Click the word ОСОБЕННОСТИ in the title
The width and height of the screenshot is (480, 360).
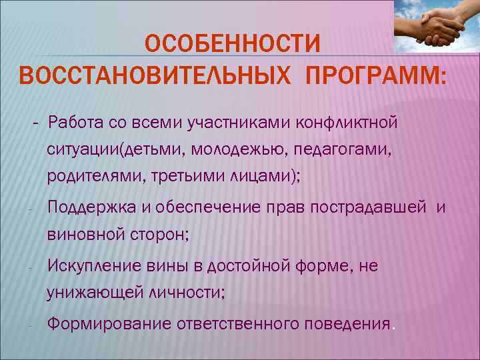233,45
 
